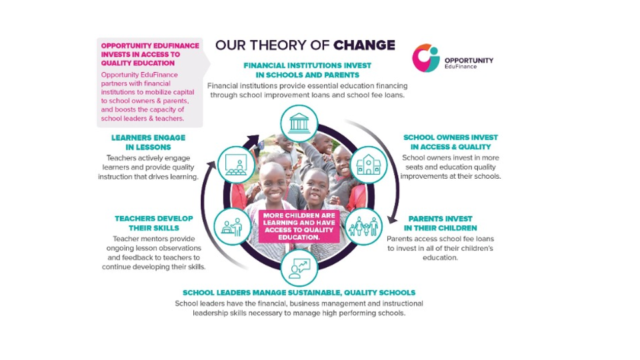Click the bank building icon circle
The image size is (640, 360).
(299, 123)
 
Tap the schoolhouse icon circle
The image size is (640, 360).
(369, 165)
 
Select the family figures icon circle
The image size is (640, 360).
(364, 226)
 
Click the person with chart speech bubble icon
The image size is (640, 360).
(299, 268)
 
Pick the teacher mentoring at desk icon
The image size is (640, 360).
(232, 226)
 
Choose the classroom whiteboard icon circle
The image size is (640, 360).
(236, 165)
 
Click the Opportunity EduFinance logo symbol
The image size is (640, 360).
(425, 58)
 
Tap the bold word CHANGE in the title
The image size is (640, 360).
(364, 45)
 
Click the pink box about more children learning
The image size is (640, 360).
(299, 226)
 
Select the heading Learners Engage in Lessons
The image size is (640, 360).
(148, 143)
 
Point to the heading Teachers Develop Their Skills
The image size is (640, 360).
(154, 223)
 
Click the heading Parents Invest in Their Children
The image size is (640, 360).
(441, 223)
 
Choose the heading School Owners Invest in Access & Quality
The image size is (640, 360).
(451, 142)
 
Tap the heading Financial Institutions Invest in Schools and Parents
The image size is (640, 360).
(307, 70)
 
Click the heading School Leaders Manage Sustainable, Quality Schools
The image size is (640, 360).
(299, 293)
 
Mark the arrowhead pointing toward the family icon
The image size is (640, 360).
(392, 219)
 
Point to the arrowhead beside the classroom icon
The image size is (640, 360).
(212, 165)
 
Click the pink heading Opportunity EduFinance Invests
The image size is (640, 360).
(150, 54)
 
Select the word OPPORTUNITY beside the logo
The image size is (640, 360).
(469, 61)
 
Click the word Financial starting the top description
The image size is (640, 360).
(225, 86)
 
